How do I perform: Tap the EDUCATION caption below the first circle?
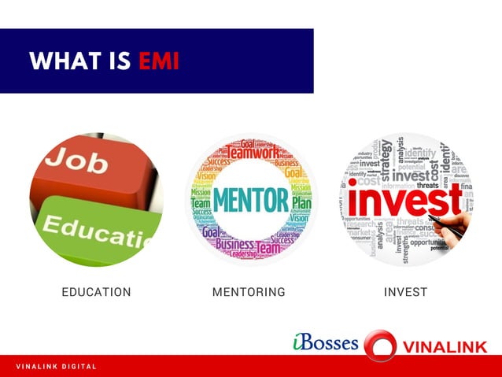[x=96, y=292]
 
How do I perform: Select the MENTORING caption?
[x=249, y=292]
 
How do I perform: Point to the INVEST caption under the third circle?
[x=405, y=292]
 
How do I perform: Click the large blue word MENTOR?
[x=250, y=200]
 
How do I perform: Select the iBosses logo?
[x=324, y=343]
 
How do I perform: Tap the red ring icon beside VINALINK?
[x=380, y=346]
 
